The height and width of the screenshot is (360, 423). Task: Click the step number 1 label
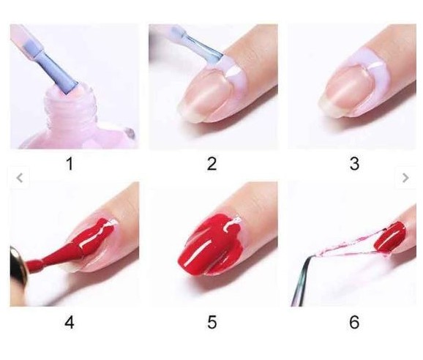[70, 164]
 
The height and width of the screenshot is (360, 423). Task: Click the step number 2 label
[211, 164]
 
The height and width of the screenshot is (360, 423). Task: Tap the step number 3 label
[354, 164]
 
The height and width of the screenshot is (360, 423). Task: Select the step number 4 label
[70, 322]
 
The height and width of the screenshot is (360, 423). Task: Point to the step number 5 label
[211, 322]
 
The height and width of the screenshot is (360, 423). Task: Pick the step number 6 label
[354, 322]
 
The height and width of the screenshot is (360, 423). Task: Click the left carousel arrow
[20, 178]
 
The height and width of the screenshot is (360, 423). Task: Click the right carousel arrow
[405, 178]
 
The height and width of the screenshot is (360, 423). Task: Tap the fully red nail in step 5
[211, 244]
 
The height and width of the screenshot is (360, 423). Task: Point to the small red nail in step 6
[390, 237]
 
